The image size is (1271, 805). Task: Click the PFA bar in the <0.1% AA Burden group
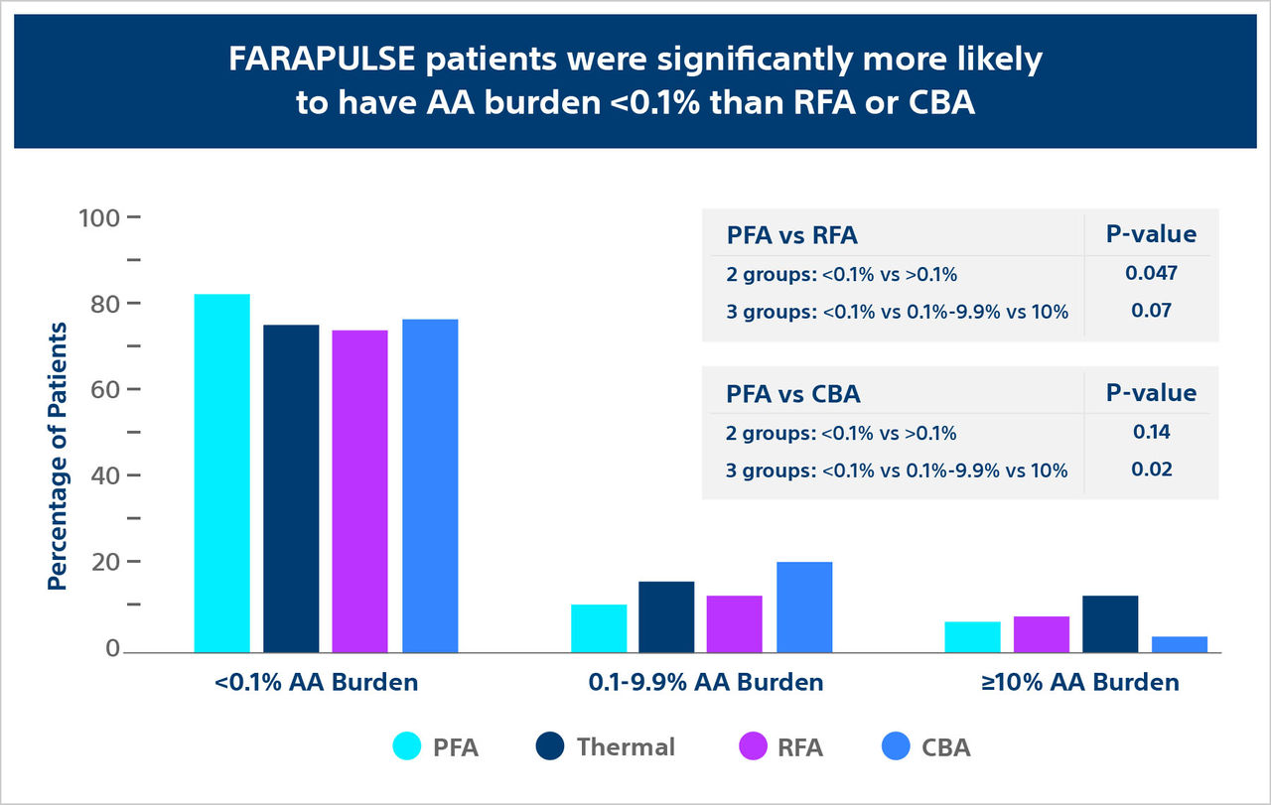(x=221, y=472)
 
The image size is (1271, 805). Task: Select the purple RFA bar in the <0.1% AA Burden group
(x=359, y=490)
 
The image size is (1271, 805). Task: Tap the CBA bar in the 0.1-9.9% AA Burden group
(x=804, y=606)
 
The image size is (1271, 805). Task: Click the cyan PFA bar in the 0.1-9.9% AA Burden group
(x=599, y=627)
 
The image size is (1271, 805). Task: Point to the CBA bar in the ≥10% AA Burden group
(x=1179, y=643)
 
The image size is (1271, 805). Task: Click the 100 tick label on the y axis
(x=98, y=217)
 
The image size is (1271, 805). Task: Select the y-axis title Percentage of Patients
(x=58, y=455)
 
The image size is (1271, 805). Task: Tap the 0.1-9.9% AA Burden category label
(x=705, y=683)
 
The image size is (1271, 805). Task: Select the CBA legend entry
(x=945, y=746)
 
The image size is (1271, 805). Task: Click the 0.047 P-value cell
(x=1152, y=273)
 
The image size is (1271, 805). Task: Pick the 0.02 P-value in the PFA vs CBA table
(x=1152, y=469)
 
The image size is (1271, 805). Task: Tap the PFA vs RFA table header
(x=790, y=235)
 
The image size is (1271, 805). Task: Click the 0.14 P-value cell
(x=1152, y=432)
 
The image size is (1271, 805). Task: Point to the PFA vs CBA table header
(x=791, y=394)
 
